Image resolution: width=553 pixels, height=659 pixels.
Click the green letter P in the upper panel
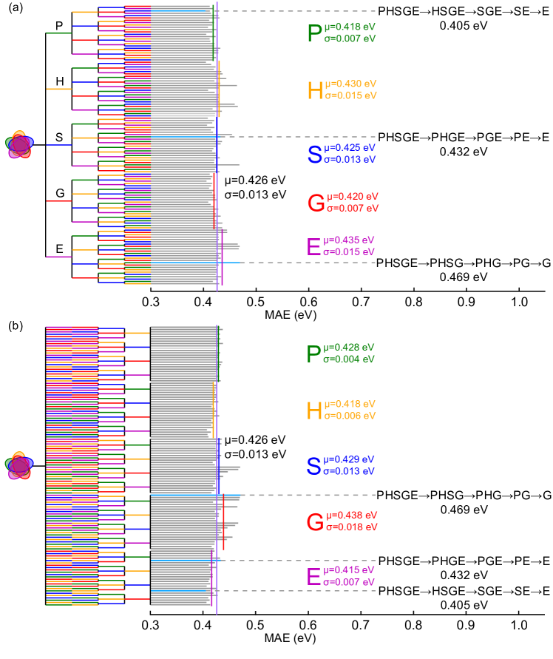pos(315,33)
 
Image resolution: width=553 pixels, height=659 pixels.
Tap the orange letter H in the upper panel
pos(315,90)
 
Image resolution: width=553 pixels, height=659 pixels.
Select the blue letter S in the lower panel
pos(314,466)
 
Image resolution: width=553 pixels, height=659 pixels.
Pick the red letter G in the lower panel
pos(315,522)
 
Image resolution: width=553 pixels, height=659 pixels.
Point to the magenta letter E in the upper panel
pos(313,247)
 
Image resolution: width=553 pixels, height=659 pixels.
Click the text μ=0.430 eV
pos(351,84)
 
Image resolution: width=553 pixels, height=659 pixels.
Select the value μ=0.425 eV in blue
pos(350,147)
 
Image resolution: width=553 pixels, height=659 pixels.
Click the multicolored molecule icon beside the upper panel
pos(19,145)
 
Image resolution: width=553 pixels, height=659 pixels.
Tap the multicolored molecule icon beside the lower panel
pos(18,466)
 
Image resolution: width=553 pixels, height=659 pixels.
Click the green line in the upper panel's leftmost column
pos(58,33)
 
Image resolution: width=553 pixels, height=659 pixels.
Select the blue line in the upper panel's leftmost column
pos(58,145)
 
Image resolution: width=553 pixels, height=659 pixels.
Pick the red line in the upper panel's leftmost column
pos(58,201)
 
